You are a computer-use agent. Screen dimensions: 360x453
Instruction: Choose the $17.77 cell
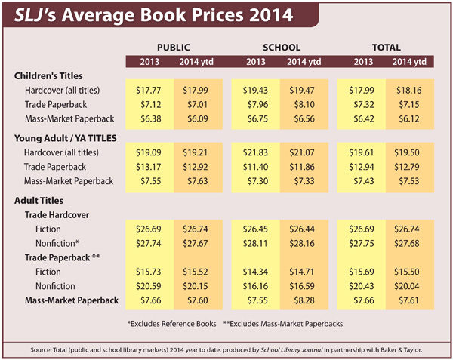(x=147, y=90)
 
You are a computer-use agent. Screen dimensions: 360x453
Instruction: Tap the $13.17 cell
(x=147, y=167)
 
